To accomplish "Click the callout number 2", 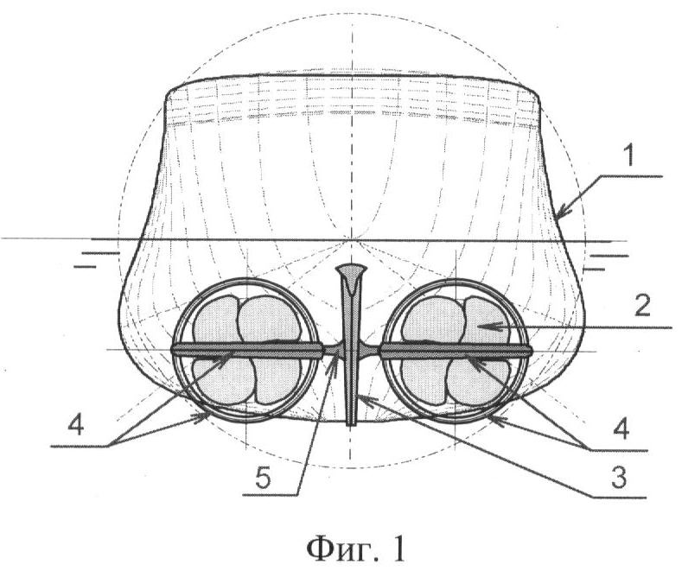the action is [642, 306].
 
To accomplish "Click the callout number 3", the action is [618, 477].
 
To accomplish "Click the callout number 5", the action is [262, 479].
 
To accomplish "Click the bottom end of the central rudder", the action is [352, 424].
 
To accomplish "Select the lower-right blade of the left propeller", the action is [277, 379].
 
